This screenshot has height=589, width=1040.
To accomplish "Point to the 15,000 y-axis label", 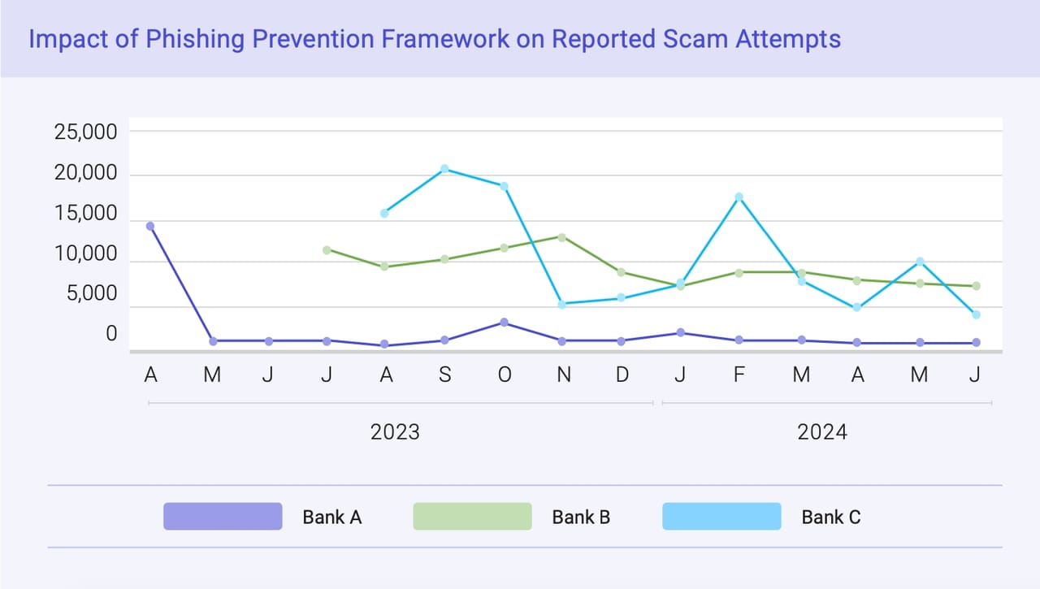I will [x=86, y=215].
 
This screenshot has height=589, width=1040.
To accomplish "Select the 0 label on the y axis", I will [x=111, y=334].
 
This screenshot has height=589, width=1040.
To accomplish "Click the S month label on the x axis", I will [x=445, y=375].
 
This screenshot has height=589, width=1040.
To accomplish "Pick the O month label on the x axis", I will [x=505, y=375].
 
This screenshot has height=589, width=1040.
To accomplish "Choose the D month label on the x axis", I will [x=622, y=375].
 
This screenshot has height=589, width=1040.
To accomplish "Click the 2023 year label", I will [x=395, y=432].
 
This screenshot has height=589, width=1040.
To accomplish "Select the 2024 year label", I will [x=822, y=432].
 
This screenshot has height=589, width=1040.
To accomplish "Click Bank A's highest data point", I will [x=150, y=226].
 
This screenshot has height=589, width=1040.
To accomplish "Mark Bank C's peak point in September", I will [x=445, y=169].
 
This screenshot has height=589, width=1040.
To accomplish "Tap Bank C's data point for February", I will [x=739, y=197].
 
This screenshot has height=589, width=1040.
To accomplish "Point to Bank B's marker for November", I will [x=562, y=237].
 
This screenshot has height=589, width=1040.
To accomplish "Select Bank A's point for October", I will [x=505, y=323].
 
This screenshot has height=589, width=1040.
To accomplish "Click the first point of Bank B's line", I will [x=327, y=249].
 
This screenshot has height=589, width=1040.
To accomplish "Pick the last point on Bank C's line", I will [x=976, y=314].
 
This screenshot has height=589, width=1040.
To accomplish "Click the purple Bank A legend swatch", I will [x=223, y=517].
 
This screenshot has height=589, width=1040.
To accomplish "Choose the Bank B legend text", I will [x=581, y=517].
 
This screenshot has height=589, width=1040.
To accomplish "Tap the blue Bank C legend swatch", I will [x=721, y=517].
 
